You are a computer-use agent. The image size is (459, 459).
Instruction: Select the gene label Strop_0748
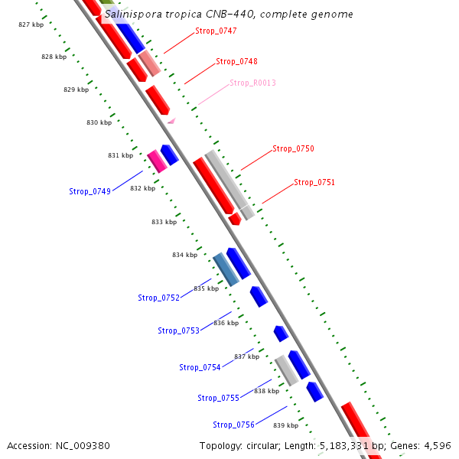(x=236, y=62)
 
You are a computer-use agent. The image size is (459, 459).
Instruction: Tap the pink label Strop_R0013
(x=252, y=83)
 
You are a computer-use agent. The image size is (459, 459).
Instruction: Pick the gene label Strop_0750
(x=293, y=149)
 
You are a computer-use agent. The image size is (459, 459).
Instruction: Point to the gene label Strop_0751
(x=314, y=183)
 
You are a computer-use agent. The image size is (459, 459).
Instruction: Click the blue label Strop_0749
(x=90, y=192)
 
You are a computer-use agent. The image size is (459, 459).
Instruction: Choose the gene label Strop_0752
(x=158, y=298)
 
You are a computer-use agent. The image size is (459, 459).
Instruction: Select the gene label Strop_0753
(x=178, y=331)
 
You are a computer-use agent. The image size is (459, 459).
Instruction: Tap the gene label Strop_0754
(x=200, y=368)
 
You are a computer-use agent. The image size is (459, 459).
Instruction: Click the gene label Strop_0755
(x=218, y=399)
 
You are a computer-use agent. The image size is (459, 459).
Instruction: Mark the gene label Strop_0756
(x=233, y=425)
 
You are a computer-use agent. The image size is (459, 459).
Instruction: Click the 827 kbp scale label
(x=31, y=25)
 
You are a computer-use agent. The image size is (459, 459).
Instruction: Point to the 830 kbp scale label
(x=99, y=123)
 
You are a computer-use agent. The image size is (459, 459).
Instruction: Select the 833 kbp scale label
(x=164, y=223)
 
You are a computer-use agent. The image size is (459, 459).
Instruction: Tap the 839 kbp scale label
(x=285, y=425)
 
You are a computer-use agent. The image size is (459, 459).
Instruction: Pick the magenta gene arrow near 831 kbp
(x=157, y=161)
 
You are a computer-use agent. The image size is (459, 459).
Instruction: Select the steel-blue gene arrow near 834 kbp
(x=226, y=269)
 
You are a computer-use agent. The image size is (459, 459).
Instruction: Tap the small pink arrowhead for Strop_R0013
(x=171, y=120)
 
